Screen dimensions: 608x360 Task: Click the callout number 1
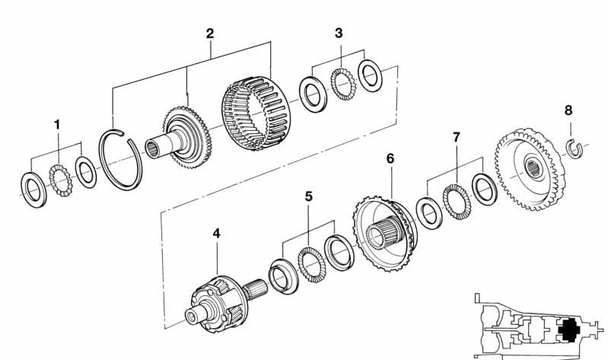[x=57, y=125]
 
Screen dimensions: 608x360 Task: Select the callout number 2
[x=210, y=33]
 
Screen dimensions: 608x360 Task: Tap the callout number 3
[x=339, y=33]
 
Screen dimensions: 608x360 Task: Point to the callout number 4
[x=216, y=234]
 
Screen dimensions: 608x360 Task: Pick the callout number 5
[x=308, y=196]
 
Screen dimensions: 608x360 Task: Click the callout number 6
[x=390, y=158]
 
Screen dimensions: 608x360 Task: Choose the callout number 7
[x=457, y=137]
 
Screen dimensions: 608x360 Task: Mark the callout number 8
[x=568, y=110]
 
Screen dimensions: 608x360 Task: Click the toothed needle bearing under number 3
[x=343, y=84]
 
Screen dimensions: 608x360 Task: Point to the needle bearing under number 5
[x=312, y=264]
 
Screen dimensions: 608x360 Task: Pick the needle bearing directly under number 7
[x=457, y=202]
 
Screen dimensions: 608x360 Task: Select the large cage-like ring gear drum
[x=256, y=113]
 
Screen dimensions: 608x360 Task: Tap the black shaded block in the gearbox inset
[x=569, y=330]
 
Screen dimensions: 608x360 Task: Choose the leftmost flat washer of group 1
[x=33, y=190]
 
